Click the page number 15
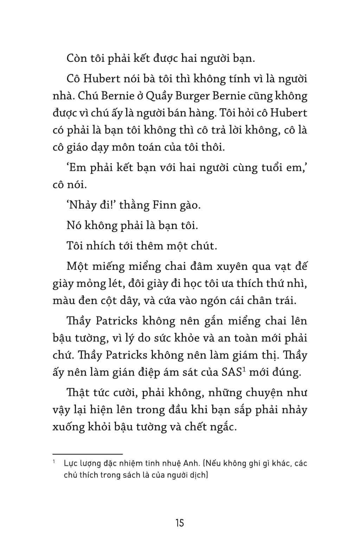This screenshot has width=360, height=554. click(x=179, y=523)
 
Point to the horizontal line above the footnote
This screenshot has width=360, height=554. click(x=88, y=454)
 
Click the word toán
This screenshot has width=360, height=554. click(x=164, y=147)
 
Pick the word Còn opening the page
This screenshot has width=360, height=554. click(x=77, y=58)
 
